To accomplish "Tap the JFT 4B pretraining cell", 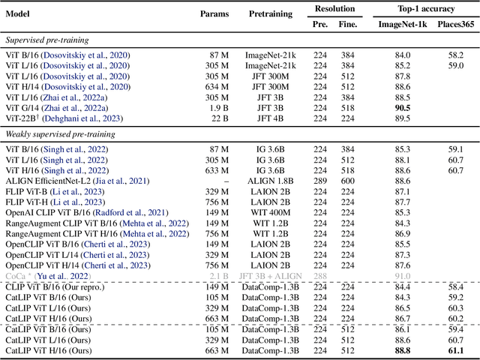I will [273, 118].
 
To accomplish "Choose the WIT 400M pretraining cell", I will [273, 212].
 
